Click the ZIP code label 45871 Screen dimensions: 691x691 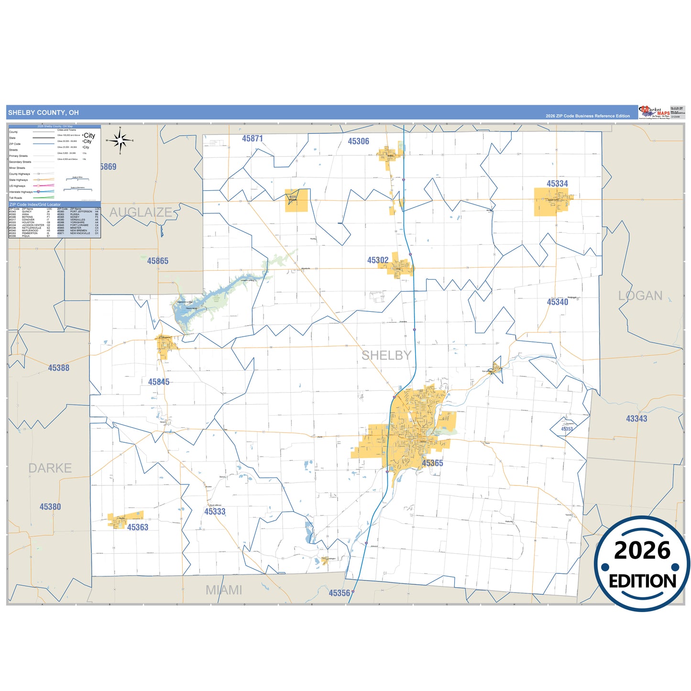click(x=252, y=139)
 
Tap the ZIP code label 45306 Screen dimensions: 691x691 click(x=358, y=142)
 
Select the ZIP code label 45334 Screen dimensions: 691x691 click(x=557, y=184)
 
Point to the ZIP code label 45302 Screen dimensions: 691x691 click(x=378, y=260)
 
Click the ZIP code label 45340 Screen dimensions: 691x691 click(x=558, y=302)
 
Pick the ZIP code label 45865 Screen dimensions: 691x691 click(x=157, y=261)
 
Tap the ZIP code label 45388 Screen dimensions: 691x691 click(x=58, y=368)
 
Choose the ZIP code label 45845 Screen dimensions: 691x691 click(x=158, y=382)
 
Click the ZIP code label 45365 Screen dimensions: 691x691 click(x=432, y=463)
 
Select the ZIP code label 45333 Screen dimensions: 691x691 click(x=215, y=512)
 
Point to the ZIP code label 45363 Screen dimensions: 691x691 click(x=137, y=527)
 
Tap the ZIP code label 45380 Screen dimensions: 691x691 click(x=50, y=507)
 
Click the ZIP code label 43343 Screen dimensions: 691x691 click(x=636, y=419)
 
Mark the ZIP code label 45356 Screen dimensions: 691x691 click(x=339, y=593)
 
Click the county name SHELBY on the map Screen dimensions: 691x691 click(x=386, y=355)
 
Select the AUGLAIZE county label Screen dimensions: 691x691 click(x=141, y=212)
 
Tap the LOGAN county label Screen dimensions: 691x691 click(x=640, y=296)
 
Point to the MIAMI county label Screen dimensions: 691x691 click(x=224, y=590)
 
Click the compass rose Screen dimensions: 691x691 click(x=120, y=141)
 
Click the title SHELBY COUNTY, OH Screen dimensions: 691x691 click(x=43, y=113)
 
